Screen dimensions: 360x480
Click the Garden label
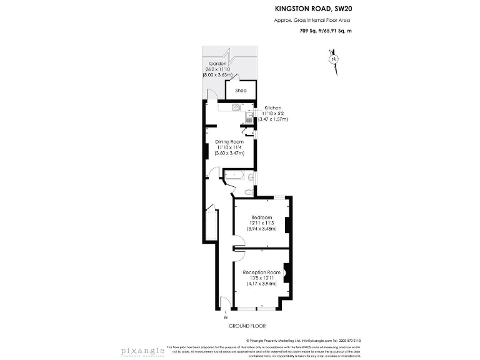(217, 64)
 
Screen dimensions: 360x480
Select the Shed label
(241, 91)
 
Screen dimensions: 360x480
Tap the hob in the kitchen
(237, 107)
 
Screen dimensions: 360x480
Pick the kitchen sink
(249, 114)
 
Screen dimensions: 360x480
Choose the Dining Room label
(229, 142)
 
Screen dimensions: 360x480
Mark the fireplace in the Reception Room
(288, 272)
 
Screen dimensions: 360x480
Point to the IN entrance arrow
(226, 314)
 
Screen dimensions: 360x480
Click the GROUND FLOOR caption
(247, 326)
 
